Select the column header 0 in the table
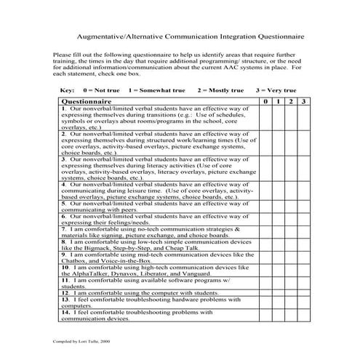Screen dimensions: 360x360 [266, 101]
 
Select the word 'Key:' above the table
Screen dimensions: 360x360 [66, 89]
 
